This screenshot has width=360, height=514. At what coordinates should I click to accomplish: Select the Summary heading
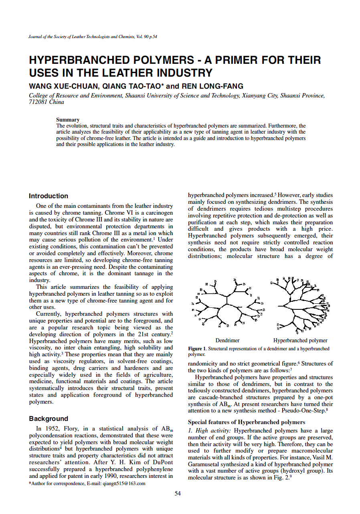[x=67, y=120]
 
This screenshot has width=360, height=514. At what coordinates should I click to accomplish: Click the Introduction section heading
[x=49, y=196]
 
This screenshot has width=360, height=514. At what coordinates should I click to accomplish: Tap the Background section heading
[x=49, y=419]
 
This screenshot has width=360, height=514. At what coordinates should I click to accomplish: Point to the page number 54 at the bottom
[x=178, y=494]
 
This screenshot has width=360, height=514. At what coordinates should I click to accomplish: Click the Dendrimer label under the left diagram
[x=227, y=340]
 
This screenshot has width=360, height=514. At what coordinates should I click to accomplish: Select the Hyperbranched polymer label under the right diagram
[x=300, y=340]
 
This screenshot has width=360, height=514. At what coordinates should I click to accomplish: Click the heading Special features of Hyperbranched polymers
[x=247, y=422]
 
